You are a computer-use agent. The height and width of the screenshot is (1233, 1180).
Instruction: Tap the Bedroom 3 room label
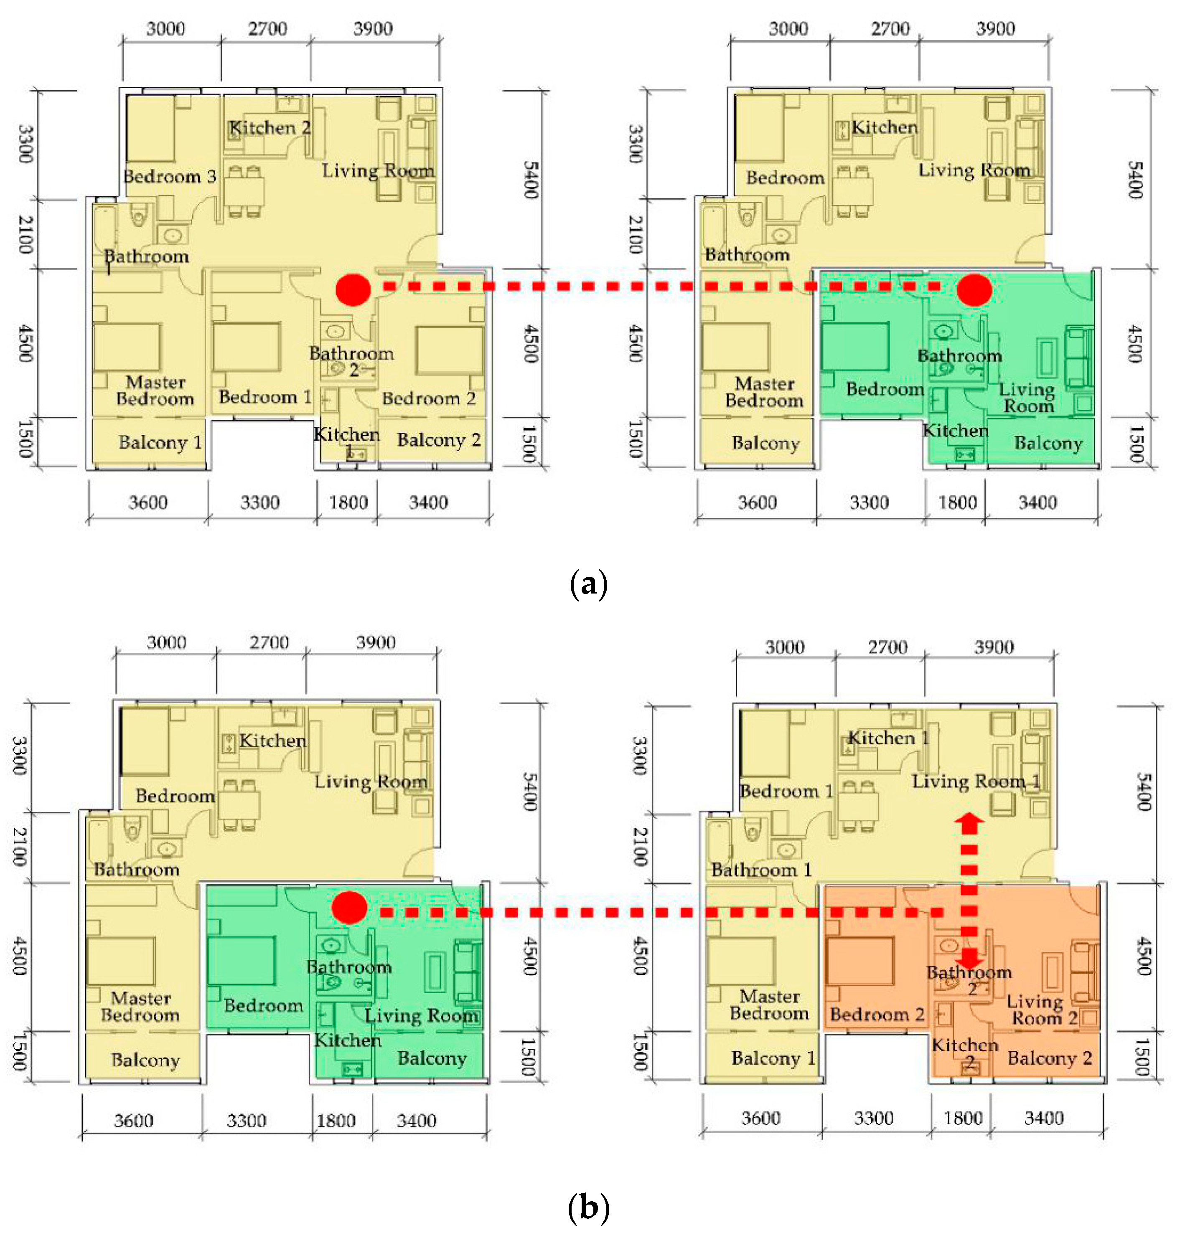tap(170, 176)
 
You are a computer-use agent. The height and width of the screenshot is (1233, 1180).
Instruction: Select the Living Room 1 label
tap(976, 781)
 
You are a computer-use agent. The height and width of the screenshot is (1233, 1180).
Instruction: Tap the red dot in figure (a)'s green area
tap(974, 290)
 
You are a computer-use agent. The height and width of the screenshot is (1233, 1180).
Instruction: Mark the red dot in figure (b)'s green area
tap(349, 907)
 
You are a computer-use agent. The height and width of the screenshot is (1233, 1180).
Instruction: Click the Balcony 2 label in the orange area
tap(1049, 1058)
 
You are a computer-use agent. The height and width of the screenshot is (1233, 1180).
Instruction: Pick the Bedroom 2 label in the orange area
tap(877, 1014)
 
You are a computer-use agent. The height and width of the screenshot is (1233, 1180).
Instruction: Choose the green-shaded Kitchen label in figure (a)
tap(956, 431)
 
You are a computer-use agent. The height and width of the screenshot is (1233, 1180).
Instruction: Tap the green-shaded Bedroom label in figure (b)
tap(264, 1005)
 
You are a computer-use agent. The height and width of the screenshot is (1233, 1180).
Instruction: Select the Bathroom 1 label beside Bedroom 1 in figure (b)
tap(761, 870)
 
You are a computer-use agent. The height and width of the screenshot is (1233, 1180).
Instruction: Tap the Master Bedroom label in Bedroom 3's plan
tap(155, 391)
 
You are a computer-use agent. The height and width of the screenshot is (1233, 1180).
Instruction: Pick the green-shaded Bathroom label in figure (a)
tap(959, 356)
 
